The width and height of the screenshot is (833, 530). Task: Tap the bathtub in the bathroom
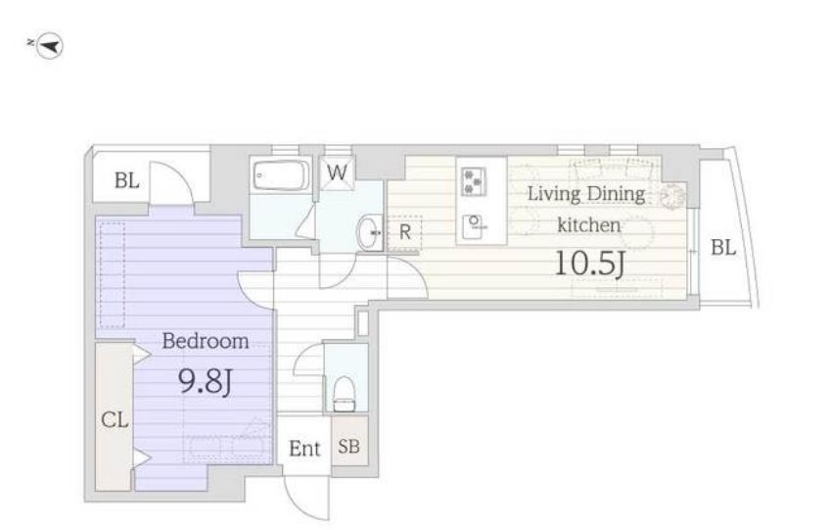pyautogui.click(x=282, y=175)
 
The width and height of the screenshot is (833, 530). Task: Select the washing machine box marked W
pyautogui.click(x=338, y=172)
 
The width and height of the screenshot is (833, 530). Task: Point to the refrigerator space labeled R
pyautogui.click(x=405, y=232)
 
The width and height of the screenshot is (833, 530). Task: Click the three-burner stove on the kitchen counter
pyautogui.click(x=473, y=181)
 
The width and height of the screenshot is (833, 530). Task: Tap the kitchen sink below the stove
pyautogui.click(x=475, y=226)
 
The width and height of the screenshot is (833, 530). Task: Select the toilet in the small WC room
pyautogui.click(x=345, y=394)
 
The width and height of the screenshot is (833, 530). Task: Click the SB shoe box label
pyautogui.click(x=349, y=446)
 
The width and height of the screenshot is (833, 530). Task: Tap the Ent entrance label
pyautogui.click(x=304, y=449)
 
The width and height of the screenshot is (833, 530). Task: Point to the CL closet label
pyautogui.click(x=115, y=420)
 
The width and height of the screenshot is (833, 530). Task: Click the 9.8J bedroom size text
pyautogui.click(x=205, y=381)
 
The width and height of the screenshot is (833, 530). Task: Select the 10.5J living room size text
pyautogui.click(x=589, y=263)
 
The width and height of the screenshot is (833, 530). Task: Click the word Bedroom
pyautogui.click(x=205, y=341)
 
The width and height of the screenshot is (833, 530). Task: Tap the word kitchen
pyautogui.click(x=588, y=225)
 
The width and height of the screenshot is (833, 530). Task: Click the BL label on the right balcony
pyautogui.click(x=723, y=247)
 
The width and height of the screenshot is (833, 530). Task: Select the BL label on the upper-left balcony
pyautogui.click(x=127, y=180)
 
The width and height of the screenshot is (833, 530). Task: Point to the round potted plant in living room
pyautogui.click(x=673, y=196)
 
